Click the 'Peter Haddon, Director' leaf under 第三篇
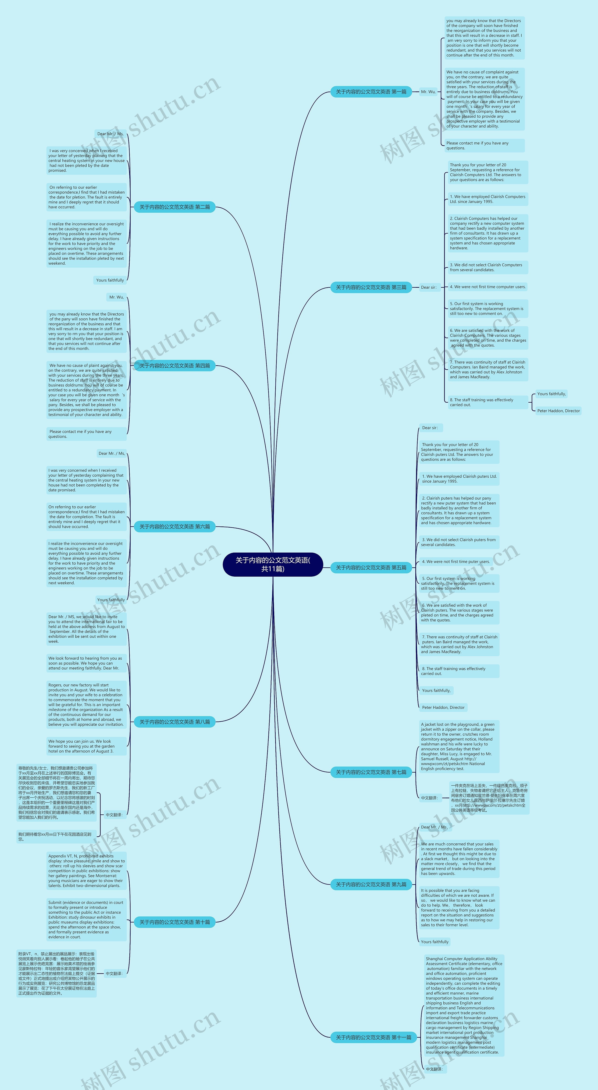[x=558, y=411]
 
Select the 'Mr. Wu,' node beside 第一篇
[x=428, y=92]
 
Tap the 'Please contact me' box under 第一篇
[x=484, y=146]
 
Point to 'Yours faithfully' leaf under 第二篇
[x=110, y=280]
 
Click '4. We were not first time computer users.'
[x=488, y=287]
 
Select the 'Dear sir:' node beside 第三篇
[x=428, y=287]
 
